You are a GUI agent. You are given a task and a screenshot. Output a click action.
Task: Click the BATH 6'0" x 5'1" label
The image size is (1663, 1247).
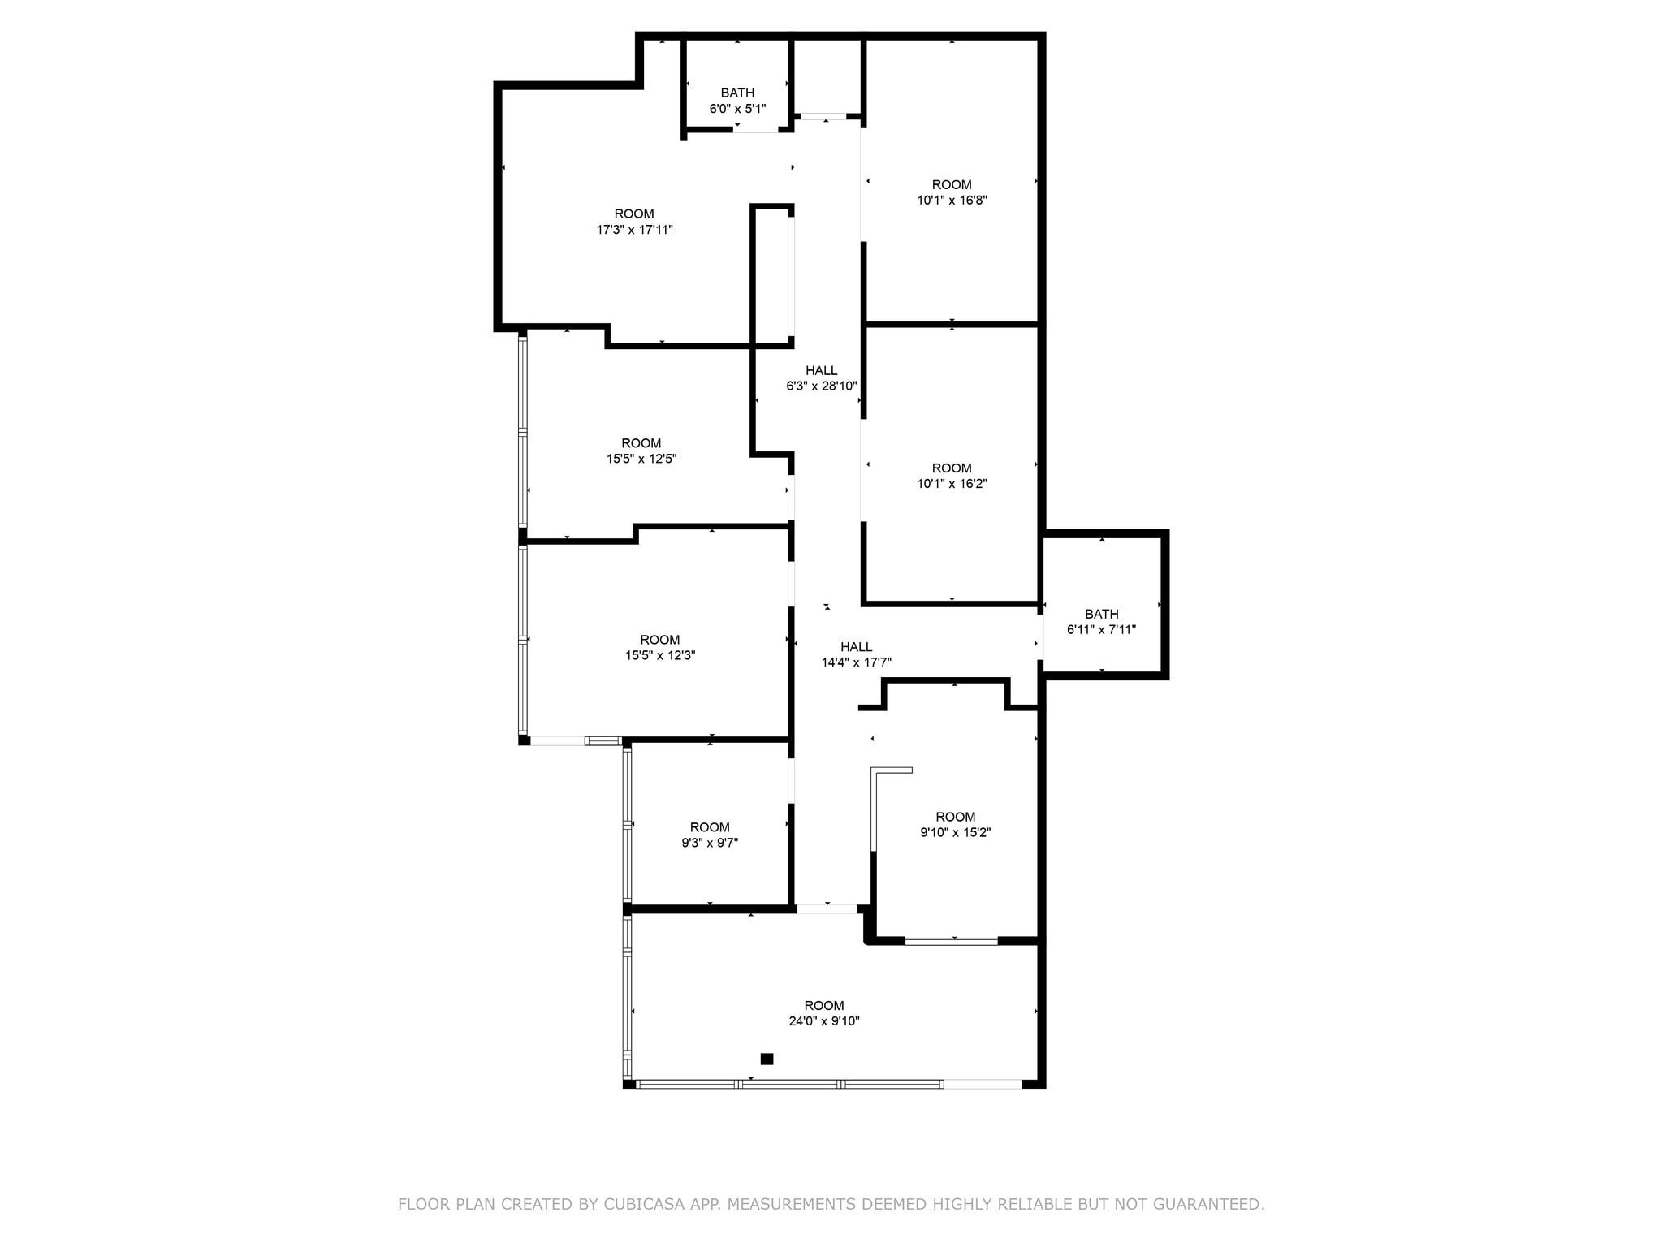pos(737,101)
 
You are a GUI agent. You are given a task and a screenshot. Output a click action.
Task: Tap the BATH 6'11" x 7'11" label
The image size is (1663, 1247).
pos(1101,622)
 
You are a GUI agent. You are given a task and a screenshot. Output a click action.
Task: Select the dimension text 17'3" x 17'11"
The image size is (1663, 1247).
pos(634,230)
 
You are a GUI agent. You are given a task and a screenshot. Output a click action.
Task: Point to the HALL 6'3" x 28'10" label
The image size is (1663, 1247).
pos(821,378)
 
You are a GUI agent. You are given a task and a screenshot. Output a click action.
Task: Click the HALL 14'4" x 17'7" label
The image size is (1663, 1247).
pos(856,654)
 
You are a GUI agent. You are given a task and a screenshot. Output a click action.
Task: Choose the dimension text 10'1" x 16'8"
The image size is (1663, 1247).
pos(952,200)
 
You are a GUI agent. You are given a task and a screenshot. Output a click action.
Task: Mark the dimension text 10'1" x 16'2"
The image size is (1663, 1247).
pos(952,483)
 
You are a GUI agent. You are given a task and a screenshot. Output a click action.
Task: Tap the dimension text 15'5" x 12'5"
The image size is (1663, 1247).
pos(641,459)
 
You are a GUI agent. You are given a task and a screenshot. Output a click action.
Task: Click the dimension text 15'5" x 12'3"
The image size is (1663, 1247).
pos(659,655)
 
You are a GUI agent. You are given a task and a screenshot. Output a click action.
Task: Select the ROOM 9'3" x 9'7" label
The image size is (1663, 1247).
pos(710,835)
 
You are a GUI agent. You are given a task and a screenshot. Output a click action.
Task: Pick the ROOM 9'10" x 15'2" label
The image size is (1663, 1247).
pos(955,824)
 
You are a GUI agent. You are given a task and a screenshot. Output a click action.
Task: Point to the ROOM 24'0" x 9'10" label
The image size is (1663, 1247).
pos(823,1013)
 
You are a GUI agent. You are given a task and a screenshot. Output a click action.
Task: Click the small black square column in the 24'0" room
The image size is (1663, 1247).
pos(767,1059)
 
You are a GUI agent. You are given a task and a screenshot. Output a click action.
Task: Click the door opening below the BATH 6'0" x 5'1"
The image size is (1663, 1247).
pos(756,129)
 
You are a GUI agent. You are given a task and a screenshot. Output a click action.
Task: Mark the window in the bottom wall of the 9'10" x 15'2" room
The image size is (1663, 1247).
pos(951,941)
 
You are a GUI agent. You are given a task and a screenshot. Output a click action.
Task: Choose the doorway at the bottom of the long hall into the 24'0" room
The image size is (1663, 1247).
pos(826,908)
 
